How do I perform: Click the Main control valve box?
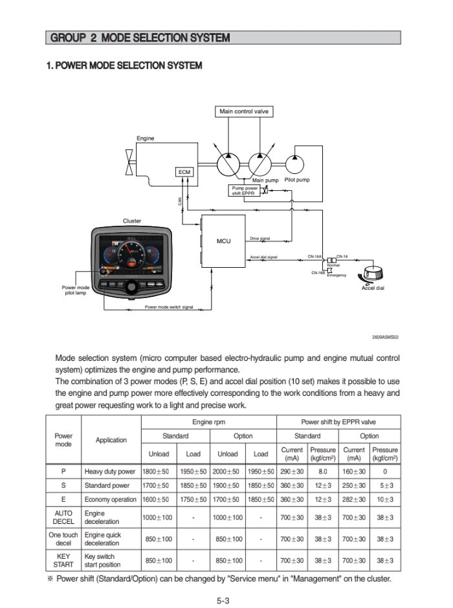[x=244, y=111]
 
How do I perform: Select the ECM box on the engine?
[x=184, y=171]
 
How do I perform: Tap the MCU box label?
[x=223, y=241]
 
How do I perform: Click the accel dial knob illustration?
[x=372, y=274]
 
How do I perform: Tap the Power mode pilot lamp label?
[x=76, y=290]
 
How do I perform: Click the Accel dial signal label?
[x=263, y=257]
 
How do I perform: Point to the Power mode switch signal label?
[x=168, y=307]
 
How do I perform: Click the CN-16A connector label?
[x=315, y=257]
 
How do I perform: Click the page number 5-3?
[x=223, y=600]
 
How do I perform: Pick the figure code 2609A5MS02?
[x=385, y=337]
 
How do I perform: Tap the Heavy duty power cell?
[x=110, y=472]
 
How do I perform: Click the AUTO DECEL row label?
[x=63, y=517]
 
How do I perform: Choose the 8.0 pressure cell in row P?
[x=323, y=472]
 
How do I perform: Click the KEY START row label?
[x=63, y=560]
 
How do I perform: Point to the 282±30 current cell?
[x=354, y=499]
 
